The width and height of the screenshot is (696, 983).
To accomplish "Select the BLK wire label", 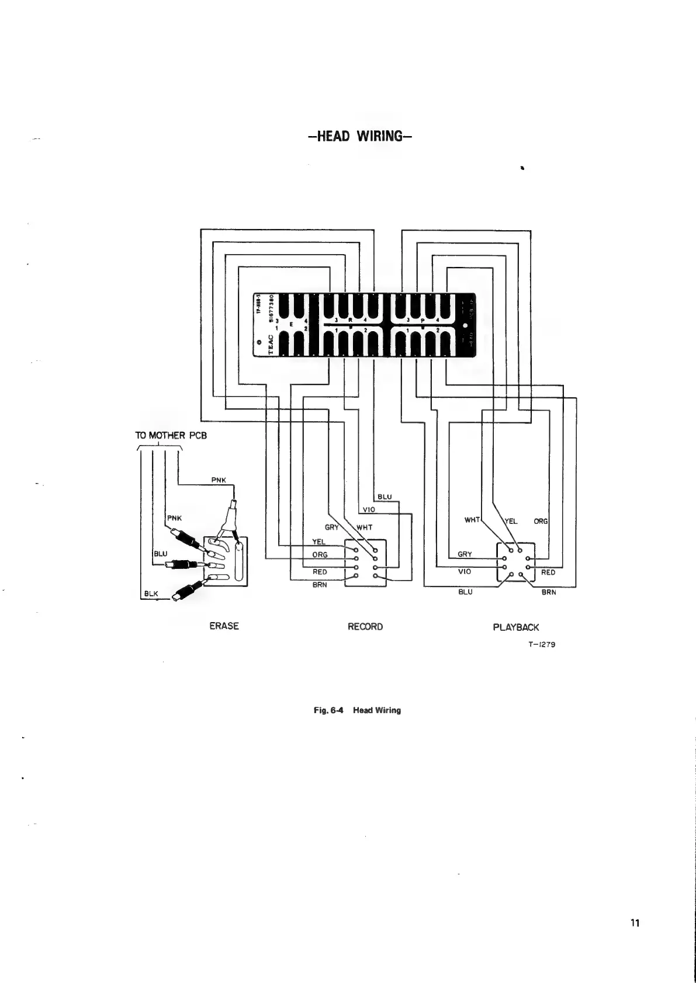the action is (151, 593).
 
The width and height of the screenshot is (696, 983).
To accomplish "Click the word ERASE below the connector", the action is (224, 626).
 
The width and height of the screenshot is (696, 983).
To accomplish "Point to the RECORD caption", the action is (365, 627).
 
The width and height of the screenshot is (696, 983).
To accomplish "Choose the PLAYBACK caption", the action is (515, 627).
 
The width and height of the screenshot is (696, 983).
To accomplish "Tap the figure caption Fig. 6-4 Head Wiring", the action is (357, 711).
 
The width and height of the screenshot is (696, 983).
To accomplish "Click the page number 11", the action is (635, 923).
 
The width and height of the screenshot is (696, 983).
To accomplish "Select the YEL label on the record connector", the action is (319, 541).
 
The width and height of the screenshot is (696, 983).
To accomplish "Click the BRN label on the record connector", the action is (319, 584).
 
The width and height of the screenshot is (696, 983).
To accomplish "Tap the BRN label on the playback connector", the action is (548, 592).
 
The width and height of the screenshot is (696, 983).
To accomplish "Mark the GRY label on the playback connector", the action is (465, 554).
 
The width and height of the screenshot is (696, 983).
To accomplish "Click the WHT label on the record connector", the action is (364, 527).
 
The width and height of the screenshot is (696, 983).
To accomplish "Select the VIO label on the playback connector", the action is (465, 572).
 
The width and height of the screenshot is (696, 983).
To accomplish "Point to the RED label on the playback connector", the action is (548, 572).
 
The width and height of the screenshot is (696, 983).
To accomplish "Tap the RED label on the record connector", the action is (320, 572).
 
